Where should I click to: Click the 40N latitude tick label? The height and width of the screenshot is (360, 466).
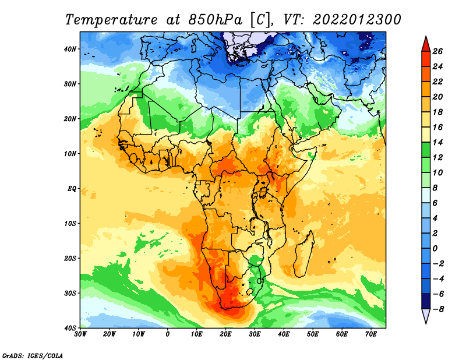tap(69, 49)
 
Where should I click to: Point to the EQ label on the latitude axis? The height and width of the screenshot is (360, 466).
tap(72, 189)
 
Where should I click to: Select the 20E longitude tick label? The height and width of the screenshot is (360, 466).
tap(225, 334)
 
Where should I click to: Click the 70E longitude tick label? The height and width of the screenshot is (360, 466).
tap(371, 334)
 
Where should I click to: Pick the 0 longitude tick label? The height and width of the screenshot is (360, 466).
tap(168, 334)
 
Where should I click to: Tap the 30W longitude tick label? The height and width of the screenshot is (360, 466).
tap(80, 334)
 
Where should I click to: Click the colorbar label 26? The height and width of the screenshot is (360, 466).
tap(437, 51)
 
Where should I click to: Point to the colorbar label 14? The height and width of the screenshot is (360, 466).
tap(437, 142)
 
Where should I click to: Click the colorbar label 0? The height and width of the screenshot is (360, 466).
tap(435, 249)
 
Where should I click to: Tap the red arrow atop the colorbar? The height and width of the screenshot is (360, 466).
tap(426, 44)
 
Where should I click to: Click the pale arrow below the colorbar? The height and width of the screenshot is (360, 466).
tap(426, 316)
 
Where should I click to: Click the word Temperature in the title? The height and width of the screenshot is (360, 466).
tap(111, 20)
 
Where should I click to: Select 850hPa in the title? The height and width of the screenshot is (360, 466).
tap(215, 19)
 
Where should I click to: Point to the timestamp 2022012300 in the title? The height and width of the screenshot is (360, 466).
tap(357, 20)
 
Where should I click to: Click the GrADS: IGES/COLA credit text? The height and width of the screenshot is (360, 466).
tap(33, 355)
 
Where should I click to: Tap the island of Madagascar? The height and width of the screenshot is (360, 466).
tap(303, 255)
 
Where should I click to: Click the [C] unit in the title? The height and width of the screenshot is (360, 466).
tap(260, 20)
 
